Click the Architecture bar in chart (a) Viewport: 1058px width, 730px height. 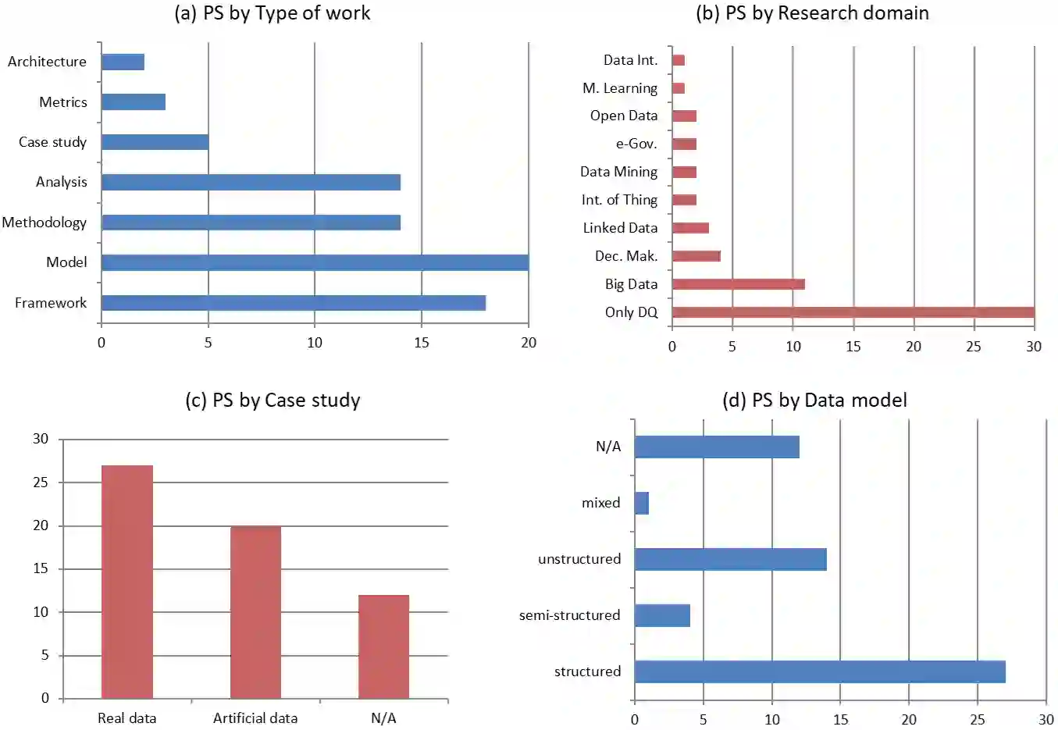[x=123, y=62]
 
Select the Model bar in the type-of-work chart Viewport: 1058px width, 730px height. [x=315, y=262]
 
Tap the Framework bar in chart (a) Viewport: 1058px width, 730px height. [x=293, y=303]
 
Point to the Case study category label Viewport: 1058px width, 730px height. [x=52, y=142]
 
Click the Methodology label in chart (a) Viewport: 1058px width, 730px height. [x=45, y=223]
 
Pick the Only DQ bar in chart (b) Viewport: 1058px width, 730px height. [x=853, y=312]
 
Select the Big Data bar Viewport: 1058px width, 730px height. [x=738, y=284]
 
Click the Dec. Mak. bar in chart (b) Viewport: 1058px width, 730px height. [x=696, y=256]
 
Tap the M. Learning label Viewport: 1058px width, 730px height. [x=620, y=88]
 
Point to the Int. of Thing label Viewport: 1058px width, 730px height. [x=619, y=200]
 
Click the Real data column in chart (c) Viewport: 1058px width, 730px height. [x=127, y=582]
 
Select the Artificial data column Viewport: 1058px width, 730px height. [x=255, y=612]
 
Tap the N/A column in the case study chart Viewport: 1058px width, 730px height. [x=383, y=646]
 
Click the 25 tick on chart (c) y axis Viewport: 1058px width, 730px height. [x=41, y=483]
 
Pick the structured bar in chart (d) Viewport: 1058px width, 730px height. [x=820, y=671]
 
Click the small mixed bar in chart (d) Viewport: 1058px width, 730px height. [x=642, y=503]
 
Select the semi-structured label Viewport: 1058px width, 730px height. [x=569, y=615]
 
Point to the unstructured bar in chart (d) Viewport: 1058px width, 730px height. [x=730, y=559]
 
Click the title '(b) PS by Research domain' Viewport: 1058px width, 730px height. [x=812, y=13]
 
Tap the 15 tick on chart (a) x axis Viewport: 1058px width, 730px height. [x=422, y=343]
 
